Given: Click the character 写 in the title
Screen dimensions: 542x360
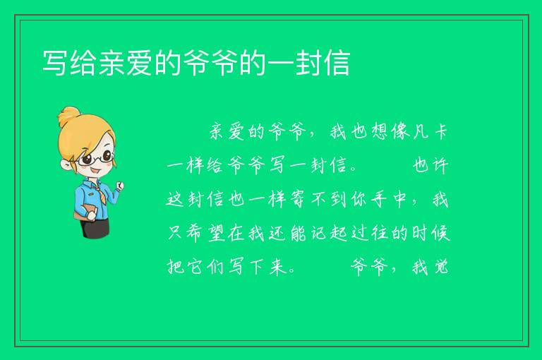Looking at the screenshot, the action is (x=54, y=63).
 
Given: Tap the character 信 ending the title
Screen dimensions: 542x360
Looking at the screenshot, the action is (x=338, y=63).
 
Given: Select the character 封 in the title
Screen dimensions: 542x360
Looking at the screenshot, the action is (x=309, y=63).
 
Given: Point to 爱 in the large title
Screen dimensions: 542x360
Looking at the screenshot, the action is (x=139, y=63).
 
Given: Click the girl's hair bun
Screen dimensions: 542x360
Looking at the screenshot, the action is (x=68, y=116).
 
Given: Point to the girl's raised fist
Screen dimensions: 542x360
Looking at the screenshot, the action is (x=119, y=186).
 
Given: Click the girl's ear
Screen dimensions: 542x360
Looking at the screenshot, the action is (x=66, y=164).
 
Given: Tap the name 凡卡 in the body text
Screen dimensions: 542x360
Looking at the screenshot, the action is (x=430, y=132).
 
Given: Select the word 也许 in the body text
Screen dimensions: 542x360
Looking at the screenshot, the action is (x=430, y=165).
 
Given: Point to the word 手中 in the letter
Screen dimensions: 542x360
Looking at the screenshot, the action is (x=389, y=199).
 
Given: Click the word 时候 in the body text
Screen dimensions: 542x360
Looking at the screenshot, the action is (x=430, y=233).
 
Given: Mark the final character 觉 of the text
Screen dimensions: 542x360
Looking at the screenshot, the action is (x=441, y=267).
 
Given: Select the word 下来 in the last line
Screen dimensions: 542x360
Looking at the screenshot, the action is (x=268, y=267).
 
